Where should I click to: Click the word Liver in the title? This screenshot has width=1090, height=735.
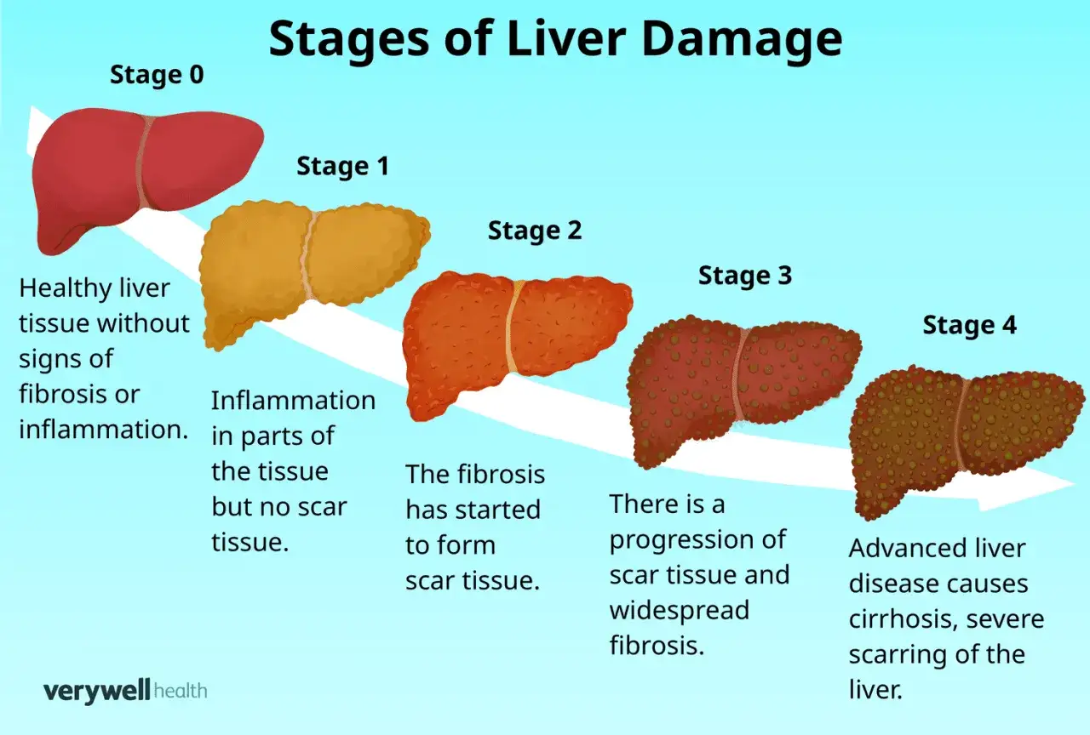point(566,38)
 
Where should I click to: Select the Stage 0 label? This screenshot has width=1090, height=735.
point(157,75)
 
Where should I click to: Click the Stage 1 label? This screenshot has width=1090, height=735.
point(343,166)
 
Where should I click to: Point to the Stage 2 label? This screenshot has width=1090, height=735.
point(535,231)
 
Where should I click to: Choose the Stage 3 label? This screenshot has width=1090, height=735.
point(745,276)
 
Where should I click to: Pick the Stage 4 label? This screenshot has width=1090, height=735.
point(969,325)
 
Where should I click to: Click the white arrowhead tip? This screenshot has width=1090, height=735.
point(1075,484)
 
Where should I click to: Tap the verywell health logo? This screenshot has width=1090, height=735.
point(125,691)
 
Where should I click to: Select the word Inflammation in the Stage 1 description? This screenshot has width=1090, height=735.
point(294,401)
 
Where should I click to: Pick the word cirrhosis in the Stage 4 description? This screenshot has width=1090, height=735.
point(904,619)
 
